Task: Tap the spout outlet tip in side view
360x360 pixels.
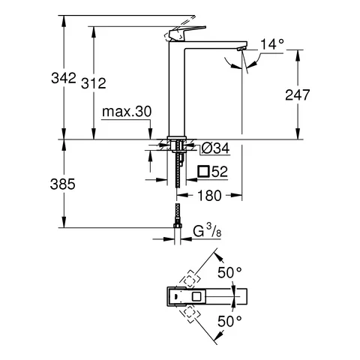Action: (x=240, y=49)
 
